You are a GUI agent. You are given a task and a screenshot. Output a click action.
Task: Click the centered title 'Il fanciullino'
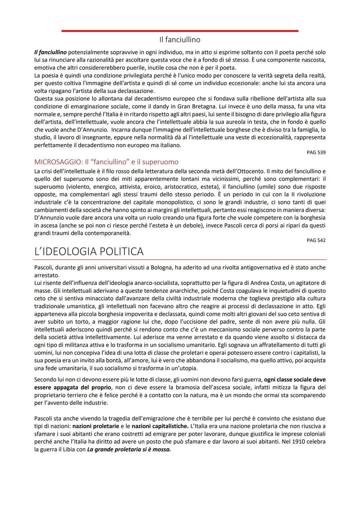pyautogui.click(x=180, y=40)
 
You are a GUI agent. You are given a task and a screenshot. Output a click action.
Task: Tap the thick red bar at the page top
pyautogui.click(x=180, y=31)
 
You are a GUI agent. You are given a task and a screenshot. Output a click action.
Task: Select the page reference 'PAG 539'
pyautogui.click(x=316, y=152)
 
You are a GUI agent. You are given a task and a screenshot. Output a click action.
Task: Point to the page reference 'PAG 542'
pyautogui.click(x=316, y=240)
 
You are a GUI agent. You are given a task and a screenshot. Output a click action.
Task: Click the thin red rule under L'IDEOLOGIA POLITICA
pyautogui.click(x=180, y=259)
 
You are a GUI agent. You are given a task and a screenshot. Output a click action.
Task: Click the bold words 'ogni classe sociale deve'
pyautogui.click(x=295, y=380)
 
